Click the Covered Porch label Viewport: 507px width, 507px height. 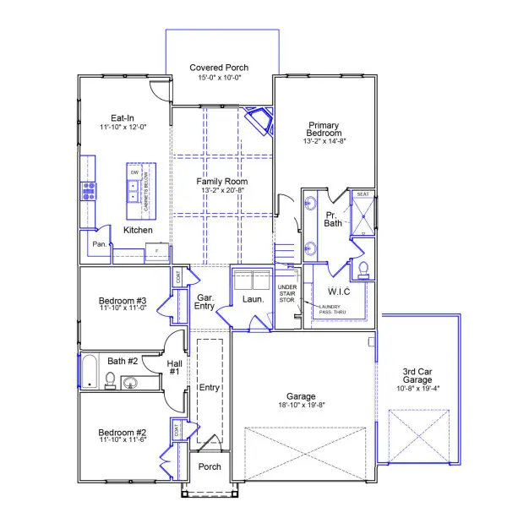(x=218, y=68)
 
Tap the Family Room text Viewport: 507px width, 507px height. (x=222, y=182)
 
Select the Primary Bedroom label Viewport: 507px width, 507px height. (x=324, y=128)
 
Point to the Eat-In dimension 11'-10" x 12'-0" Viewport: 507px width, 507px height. (x=123, y=127)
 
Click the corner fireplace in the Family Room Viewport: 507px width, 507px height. (x=259, y=120)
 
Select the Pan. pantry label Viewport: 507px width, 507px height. (x=100, y=244)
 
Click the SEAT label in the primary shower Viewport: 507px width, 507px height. (x=363, y=194)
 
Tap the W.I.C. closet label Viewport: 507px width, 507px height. (x=327, y=291)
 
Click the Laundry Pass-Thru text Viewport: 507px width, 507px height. (x=330, y=310)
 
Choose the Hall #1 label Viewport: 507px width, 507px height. (x=174, y=366)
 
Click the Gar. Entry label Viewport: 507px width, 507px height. (x=204, y=301)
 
